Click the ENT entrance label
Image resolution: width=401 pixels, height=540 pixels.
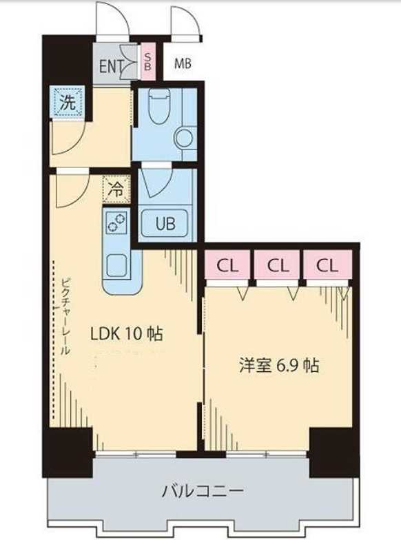pyautogui.click(x=111, y=66)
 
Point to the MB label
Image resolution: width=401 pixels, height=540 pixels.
pyautogui.click(x=183, y=64)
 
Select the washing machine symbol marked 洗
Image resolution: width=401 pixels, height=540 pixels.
pyautogui.click(x=67, y=103)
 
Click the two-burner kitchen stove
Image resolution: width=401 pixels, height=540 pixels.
pyautogui.click(x=116, y=222)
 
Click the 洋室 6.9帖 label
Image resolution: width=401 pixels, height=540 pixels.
pyautogui.click(x=278, y=366)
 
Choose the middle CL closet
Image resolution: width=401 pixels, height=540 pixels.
pyautogui.click(x=278, y=266)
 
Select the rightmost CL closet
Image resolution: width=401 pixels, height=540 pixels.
pyautogui.click(x=328, y=266)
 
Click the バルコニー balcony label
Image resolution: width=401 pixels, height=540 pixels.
pyautogui.click(x=203, y=492)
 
